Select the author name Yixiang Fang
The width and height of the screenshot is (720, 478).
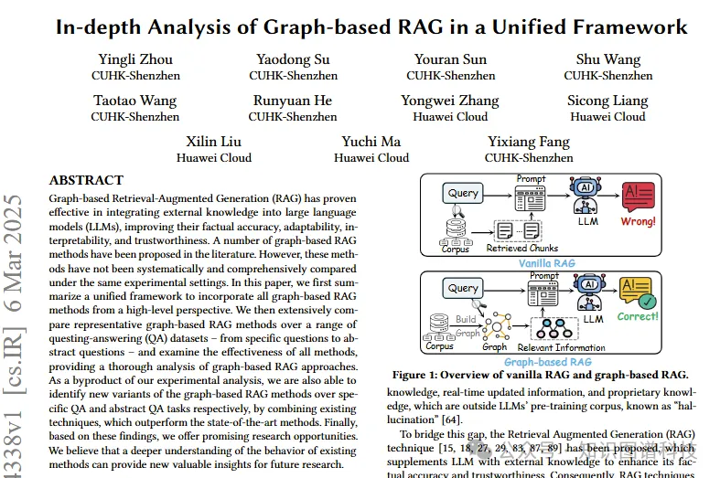[x=528, y=142]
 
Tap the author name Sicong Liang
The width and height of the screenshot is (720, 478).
[x=607, y=101]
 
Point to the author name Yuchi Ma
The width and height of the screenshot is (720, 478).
[x=371, y=142]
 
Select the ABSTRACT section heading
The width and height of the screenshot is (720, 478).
[x=86, y=181]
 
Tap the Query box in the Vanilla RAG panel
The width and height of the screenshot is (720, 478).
[x=464, y=194]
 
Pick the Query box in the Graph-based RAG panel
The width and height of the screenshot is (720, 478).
[x=463, y=288]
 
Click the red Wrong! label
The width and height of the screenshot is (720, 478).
[x=638, y=221]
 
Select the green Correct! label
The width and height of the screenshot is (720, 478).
[x=638, y=316]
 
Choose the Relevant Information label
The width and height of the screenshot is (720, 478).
[x=560, y=347]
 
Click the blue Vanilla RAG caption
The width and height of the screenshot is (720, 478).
[x=546, y=262]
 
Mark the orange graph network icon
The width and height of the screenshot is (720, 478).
[x=497, y=324]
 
